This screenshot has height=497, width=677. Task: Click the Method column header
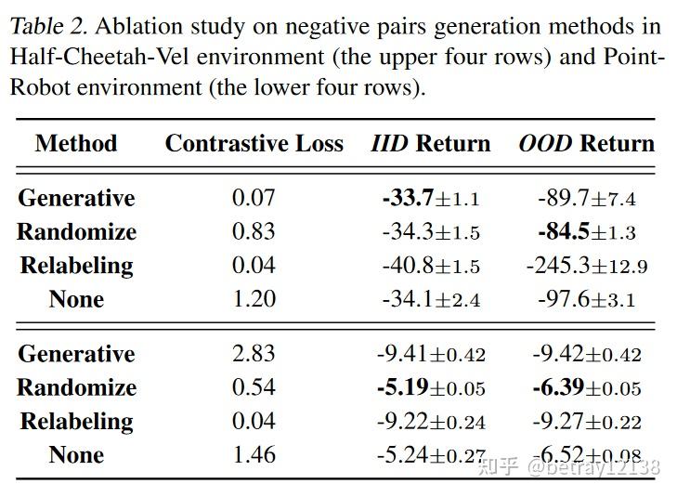coord(76,144)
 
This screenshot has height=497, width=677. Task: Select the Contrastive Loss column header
coord(254,144)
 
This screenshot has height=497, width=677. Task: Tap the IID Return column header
coord(430,144)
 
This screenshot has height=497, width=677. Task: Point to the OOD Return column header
coord(586,144)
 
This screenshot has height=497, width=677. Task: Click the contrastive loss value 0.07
coord(254,198)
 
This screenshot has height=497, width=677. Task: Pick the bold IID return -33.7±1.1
coord(430,198)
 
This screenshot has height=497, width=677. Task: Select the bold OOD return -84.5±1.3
coord(586,231)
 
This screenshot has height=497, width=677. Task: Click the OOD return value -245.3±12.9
coord(586,266)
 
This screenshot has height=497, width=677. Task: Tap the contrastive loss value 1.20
coord(254,299)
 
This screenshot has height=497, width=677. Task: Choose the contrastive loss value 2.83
coord(254,354)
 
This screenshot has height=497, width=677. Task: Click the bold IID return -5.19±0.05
coord(430,387)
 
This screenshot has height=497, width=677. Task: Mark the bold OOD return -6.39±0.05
coord(586,387)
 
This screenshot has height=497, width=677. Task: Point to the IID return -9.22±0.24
coord(430,422)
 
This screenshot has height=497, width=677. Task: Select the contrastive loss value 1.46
coord(254,455)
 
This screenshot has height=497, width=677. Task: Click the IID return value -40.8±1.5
coord(430,266)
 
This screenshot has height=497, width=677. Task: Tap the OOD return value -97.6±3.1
coord(586,299)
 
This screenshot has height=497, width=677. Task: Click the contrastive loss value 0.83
coord(254,231)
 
